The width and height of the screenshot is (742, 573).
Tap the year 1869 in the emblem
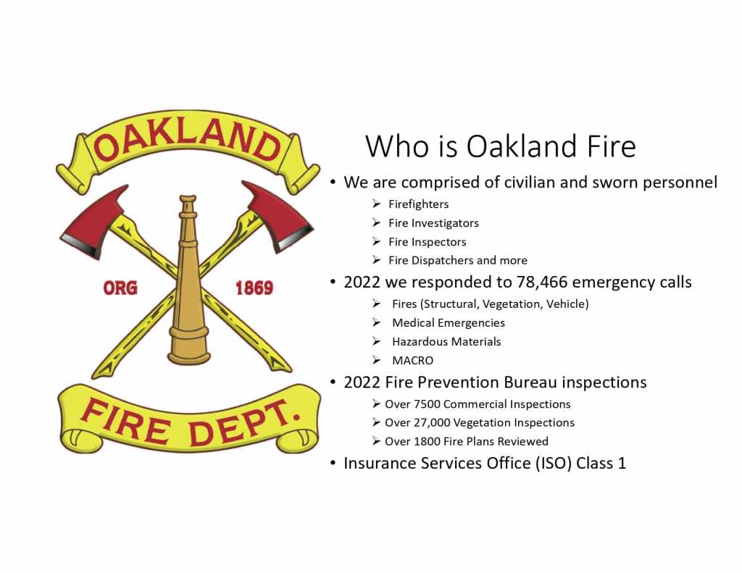point(254,288)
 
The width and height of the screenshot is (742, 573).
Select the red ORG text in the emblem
point(120,288)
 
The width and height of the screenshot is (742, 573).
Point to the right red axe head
point(279,217)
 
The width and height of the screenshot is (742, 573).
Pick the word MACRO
point(412,361)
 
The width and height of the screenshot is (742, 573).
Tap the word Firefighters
point(418,204)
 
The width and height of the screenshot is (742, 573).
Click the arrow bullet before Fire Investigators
point(376,222)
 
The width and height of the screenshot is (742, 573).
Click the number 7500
point(427,404)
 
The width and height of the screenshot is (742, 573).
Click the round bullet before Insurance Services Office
point(333,462)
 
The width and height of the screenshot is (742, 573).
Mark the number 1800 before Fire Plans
point(427,441)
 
